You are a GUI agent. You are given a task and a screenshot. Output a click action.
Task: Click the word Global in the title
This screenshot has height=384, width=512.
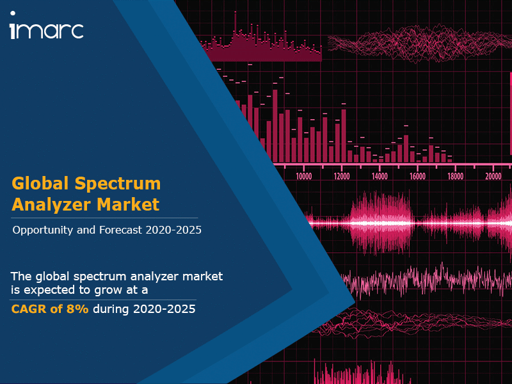pos(40,183)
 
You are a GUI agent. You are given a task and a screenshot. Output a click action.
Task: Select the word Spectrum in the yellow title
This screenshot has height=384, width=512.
pos(118,184)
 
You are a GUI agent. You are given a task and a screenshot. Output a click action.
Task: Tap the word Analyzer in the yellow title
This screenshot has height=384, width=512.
pos(51,205)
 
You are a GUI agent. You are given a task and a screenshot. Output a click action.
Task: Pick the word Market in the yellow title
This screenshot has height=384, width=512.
pos(128,204)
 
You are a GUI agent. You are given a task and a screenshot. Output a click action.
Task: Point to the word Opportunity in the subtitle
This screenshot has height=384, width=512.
pos(42,230)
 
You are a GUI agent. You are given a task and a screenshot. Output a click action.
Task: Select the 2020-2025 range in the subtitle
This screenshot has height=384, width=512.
pos(173,230)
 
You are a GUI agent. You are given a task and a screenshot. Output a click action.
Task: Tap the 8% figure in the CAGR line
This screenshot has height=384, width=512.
pos(77,309)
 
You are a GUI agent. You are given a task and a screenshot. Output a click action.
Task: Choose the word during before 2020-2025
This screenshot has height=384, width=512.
pos(111,309)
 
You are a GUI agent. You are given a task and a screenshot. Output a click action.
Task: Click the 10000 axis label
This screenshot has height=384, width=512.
pos(303,177)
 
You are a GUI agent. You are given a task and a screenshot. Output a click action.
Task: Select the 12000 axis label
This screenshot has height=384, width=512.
pos(342,177)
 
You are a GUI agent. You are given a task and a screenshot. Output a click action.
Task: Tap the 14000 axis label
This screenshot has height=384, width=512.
pos(380,177)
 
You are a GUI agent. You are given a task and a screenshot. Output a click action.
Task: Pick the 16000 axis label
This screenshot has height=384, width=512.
pos(418,177)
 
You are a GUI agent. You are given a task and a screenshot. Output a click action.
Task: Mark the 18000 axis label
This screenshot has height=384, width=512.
pos(456,177)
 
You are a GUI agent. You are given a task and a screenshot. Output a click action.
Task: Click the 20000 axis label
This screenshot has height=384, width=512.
pos(493,177)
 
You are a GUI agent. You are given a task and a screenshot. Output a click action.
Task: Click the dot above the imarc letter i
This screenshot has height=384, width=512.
pos(13,13)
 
